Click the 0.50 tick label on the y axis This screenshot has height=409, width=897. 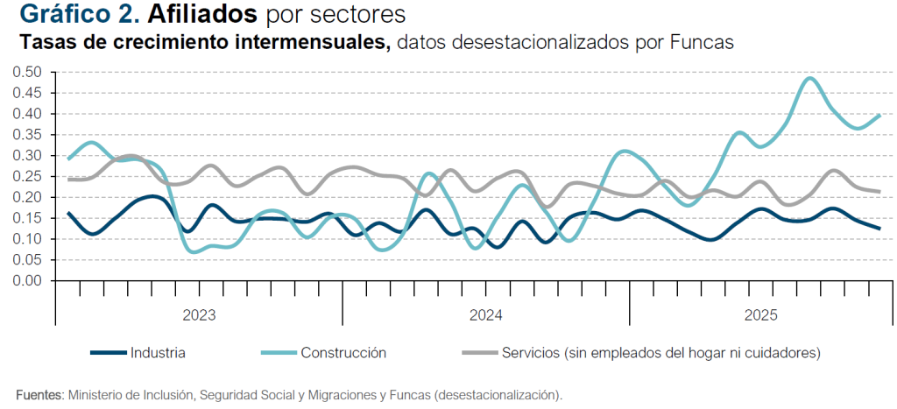point(28,72)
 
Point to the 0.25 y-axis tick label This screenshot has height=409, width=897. point(28,176)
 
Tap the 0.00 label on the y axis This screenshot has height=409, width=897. point(28,281)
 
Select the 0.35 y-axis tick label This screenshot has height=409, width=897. point(28,135)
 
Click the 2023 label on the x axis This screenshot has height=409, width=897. point(199,314)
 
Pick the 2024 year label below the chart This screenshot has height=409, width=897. point(485,314)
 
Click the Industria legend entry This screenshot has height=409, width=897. point(158,353)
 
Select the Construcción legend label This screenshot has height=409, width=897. point(343,353)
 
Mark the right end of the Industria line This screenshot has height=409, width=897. point(879,229)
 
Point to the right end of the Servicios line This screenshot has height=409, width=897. point(879,191)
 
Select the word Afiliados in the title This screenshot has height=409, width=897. point(202,15)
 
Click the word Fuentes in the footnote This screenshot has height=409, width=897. point(39,395)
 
